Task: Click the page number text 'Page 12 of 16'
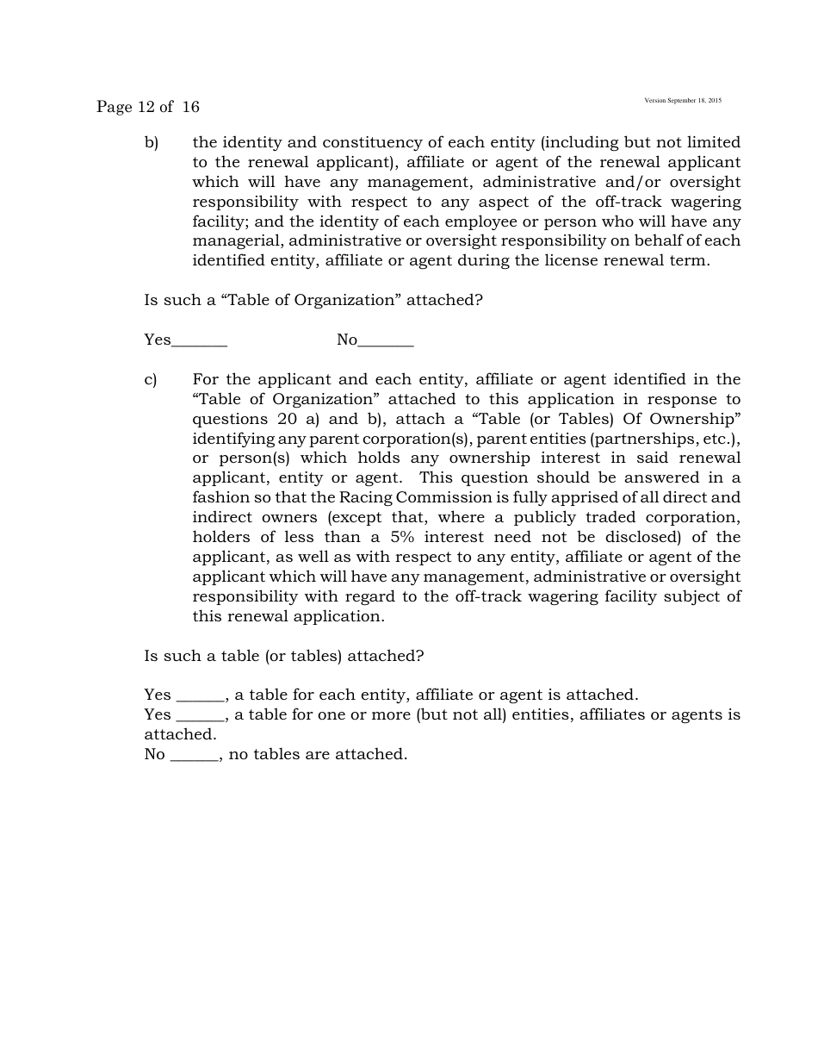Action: (147, 107)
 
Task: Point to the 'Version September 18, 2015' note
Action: (683, 101)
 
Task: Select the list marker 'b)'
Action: (152, 142)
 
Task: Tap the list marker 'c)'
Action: (151, 379)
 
